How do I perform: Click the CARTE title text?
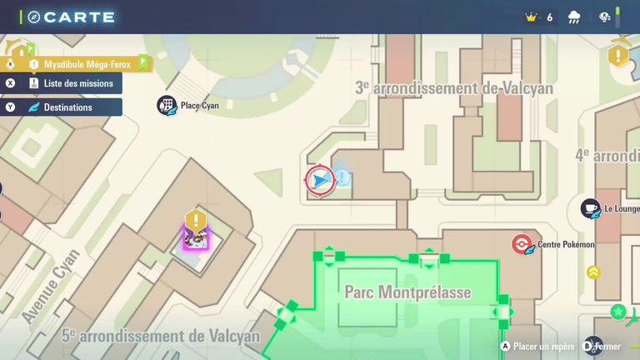click(x=79, y=17)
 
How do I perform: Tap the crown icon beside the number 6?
click(x=531, y=17)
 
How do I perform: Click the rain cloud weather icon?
click(x=574, y=17)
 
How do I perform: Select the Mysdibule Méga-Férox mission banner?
click(x=87, y=64)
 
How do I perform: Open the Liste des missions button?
click(x=77, y=83)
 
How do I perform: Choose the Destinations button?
click(x=67, y=107)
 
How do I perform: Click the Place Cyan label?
click(x=199, y=106)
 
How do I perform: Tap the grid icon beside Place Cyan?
click(x=167, y=105)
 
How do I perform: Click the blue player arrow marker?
click(x=319, y=180)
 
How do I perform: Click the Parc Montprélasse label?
click(x=407, y=292)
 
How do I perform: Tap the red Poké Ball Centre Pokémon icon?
click(x=522, y=244)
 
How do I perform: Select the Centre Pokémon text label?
click(x=566, y=244)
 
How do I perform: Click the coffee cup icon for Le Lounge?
click(x=590, y=208)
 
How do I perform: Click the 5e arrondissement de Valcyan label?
click(x=161, y=336)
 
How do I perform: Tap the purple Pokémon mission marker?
click(x=196, y=237)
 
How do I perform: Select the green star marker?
click(x=617, y=312)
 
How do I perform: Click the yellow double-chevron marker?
click(x=593, y=272)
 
